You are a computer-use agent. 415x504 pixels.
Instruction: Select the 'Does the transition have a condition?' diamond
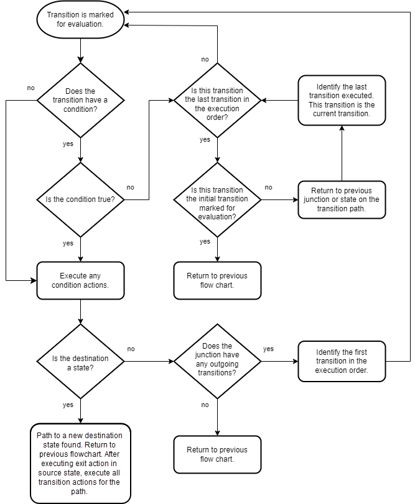pyautogui.click(x=80, y=100)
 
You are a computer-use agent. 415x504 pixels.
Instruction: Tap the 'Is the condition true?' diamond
pyautogui.click(x=80, y=199)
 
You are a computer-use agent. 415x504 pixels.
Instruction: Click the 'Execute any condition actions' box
pyautogui.click(x=80, y=280)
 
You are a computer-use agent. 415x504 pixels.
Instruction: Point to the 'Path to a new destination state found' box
pyautogui.click(x=80, y=463)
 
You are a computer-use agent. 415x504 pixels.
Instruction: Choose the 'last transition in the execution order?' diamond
pyautogui.click(x=217, y=100)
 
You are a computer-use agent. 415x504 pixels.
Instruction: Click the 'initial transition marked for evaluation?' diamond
pyautogui.click(x=217, y=199)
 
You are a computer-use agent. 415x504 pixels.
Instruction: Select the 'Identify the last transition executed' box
pyautogui.click(x=342, y=100)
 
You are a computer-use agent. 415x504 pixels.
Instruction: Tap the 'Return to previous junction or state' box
pyautogui.click(x=342, y=199)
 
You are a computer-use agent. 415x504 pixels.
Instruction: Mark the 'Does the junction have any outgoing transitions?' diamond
pyautogui.click(x=217, y=360)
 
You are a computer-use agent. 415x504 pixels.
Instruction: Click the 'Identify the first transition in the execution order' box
pyautogui.click(x=342, y=361)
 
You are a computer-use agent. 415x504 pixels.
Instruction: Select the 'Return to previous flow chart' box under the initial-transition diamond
pyautogui.click(x=217, y=280)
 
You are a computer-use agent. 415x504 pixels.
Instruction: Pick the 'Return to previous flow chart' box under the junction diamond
pyautogui.click(x=217, y=454)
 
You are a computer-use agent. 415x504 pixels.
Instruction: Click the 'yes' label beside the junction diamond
pyautogui.click(x=268, y=349)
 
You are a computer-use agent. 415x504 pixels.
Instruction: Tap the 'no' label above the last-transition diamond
pyautogui.click(x=205, y=60)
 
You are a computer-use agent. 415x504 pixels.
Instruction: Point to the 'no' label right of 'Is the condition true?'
pyautogui.click(x=131, y=187)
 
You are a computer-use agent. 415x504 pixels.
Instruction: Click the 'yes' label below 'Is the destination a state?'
pyautogui.click(x=68, y=405)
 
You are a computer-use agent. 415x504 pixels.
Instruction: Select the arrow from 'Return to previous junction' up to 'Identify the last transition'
pyautogui.click(x=342, y=152)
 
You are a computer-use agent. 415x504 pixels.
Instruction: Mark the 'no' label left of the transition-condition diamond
pyautogui.click(x=31, y=88)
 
